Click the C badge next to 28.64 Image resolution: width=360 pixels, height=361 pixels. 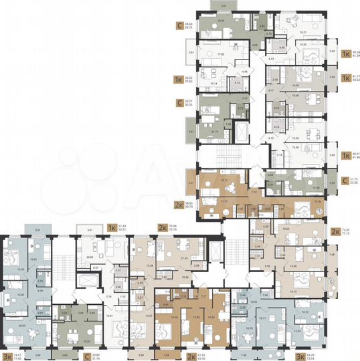point(179,26)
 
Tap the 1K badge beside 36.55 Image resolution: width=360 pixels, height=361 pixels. point(179,78)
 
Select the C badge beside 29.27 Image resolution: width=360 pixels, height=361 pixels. point(179,103)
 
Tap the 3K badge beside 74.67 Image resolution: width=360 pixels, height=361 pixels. point(9,356)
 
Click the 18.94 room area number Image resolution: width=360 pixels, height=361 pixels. point(221,21)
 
